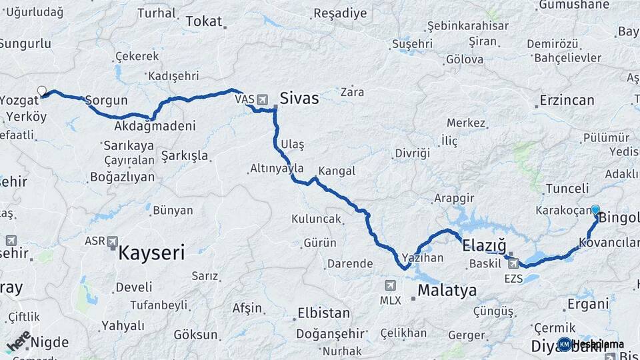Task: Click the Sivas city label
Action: pyautogui.click(x=299, y=99)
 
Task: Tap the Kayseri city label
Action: pyautogui.click(x=151, y=253)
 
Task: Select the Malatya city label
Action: pyautogui.click(x=447, y=291)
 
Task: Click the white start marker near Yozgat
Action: pyautogui.click(x=42, y=91)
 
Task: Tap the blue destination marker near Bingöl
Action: pyautogui.click(x=595, y=209)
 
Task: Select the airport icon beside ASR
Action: pyautogui.click(x=112, y=241)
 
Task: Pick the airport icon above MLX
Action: pyautogui.click(x=391, y=285)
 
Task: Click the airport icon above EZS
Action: pyautogui.click(x=513, y=263)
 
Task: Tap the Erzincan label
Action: pyautogui.click(x=567, y=101)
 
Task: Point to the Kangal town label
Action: pyautogui.click(x=337, y=171)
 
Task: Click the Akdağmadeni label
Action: pyautogui.click(x=155, y=126)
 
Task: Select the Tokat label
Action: pyautogui.click(x=203, y=21)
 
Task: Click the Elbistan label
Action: pyautogui.click(x=323, y=313)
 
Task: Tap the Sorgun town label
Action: pyautogui.click(x=106, y=101)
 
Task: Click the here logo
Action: pyautogui.click(x=18, y=341)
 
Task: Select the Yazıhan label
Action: pyautogui.click(x=423, y=257)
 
